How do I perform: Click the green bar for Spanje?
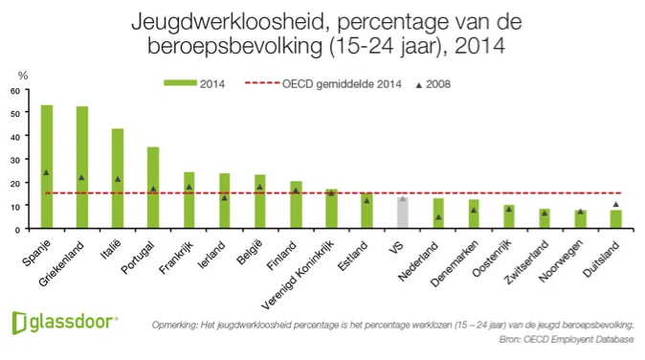(x=46, y=167)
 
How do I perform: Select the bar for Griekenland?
(x=82, y=168)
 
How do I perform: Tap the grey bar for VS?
(x=403, y=213)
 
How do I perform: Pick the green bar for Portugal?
(x=153, y=188)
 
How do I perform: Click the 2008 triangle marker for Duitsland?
(x=615, y=204)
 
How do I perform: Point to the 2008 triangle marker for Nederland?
(x=438, y=217)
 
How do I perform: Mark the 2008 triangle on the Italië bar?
(x=118, y=179)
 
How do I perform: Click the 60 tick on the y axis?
(x=15, y=91)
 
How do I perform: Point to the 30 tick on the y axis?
(x=15, y=160)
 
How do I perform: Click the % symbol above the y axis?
(x=23, y=75)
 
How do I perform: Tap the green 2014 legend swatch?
(x=179, y=84)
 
